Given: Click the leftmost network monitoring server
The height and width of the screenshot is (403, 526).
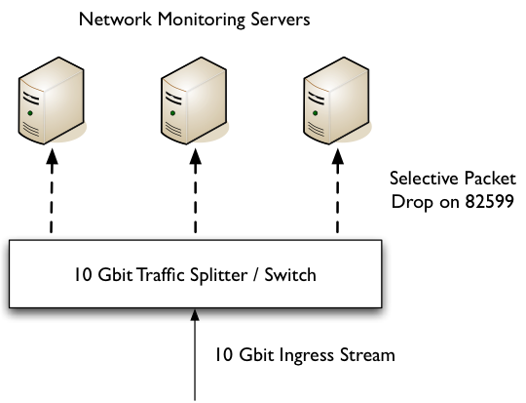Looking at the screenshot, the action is (x=51, y=101).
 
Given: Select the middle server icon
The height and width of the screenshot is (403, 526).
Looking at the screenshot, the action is (x=194, y=101).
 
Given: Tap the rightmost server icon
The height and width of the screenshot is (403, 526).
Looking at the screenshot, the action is (x=336, y=101).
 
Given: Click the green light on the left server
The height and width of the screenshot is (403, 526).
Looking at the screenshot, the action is (x=30, y=113).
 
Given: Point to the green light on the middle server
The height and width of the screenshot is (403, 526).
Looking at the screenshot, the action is (x=172, y=113).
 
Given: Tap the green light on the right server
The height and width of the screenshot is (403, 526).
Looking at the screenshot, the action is (x=316, y=113).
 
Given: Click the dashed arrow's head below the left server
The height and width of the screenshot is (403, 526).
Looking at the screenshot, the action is (x=52, y=157).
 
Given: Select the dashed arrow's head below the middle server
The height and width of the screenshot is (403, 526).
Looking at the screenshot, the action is (x=195, y=157).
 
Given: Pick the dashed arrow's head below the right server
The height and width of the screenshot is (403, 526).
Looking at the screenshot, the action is (x=338, y=157).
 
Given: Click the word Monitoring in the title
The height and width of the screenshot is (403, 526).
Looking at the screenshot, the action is (x=202, y=20).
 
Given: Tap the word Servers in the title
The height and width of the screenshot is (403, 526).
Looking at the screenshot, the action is (x=281, y=20).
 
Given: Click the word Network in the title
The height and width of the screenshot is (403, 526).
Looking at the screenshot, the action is (x=115, y=20).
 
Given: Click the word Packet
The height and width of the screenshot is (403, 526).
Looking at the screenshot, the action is (x=490, y=179).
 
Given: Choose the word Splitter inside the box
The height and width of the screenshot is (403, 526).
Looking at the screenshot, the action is (x=219, y=275).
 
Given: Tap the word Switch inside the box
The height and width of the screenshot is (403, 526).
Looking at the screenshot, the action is (x=290, y=274).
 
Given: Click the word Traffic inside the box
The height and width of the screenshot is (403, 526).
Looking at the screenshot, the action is (x=161, y=274).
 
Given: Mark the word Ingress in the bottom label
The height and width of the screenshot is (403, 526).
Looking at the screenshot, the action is (x=307, y=356).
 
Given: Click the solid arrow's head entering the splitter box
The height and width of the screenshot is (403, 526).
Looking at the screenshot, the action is (x=195, y=315).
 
